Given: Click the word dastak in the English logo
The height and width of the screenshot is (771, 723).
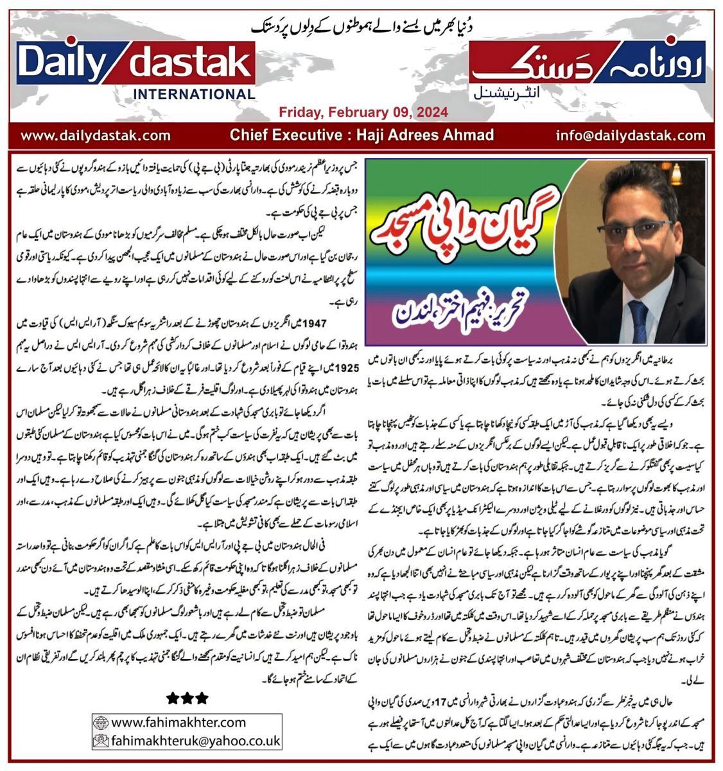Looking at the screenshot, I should click(189, 64).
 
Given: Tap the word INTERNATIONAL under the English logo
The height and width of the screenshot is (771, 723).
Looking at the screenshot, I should click(193, 94).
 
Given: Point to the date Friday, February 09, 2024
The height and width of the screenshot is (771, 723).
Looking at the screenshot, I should click(363, 113).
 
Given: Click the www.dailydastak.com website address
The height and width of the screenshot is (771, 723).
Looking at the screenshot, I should click(96, 136).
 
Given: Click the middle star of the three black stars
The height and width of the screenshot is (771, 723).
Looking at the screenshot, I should click(187, 697).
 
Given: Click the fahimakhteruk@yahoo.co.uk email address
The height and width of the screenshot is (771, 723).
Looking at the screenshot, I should click(195, 740).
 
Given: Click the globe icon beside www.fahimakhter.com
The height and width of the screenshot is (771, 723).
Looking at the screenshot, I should click(101, 722).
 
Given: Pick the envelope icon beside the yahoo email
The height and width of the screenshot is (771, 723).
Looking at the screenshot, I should click(101, 740).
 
